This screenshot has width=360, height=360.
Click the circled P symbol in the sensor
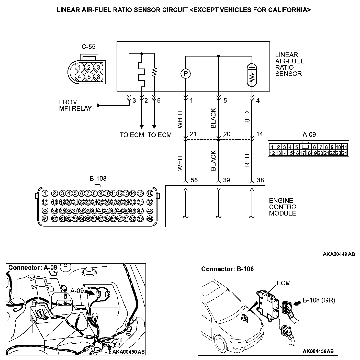pyautogui.click(x=186, y=74)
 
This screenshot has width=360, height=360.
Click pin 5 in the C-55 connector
pyautogui.click(x=89, y=76)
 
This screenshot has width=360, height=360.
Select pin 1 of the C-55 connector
pyautogui.click(x=80, y=67)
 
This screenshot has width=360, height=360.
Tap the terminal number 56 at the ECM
pyautogui.click(x=194, y=180)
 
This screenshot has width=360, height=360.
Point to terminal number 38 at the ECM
pyautogui.click(x=260, y=180)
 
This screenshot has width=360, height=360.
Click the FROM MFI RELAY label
pyautogui.click(x=75, y=105)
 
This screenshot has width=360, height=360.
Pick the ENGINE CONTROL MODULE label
pyautogui.click(x=284, y=207)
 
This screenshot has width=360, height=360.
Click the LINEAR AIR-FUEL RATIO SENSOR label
pyautogui.click(x=289, y=64)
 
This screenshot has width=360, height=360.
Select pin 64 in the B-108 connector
pyautogui.click(x=150, y=219)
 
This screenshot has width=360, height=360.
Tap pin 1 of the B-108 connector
pyautogui.click(x=45, y=193)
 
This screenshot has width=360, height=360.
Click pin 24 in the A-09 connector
pyautogui.click(x=344, y=153)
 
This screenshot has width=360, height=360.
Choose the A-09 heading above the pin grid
pyautogui.click(x=309, y=134)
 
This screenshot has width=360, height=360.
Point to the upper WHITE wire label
pyautogui.click(x=180, y=118)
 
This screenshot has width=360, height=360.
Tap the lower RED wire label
pyautogui.click(x=247, y=160)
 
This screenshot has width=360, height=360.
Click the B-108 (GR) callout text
pyautogui.click(x=319, y=300)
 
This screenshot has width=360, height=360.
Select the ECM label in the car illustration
pyautogui.click(x=284, y=283)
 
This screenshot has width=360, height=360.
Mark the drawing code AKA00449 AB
pyautogui.click(x=339, y=254)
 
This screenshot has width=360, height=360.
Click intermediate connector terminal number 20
pyautogui.click(x=227, y=134)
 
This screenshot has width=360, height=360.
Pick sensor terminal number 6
pyautogui.click(x=159, y=101)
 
